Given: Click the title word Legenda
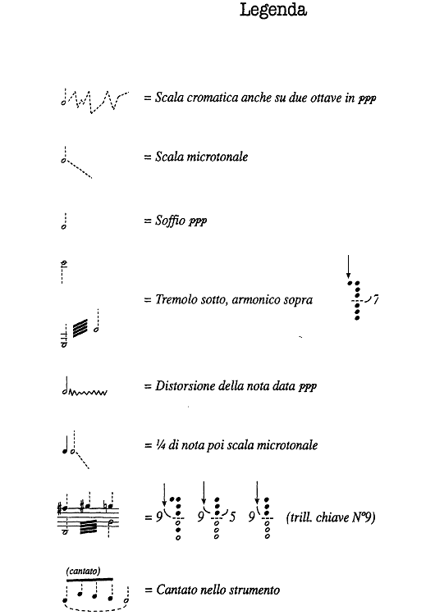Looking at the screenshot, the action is [x=273, y=11].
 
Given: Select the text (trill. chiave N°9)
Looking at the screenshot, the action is [x=331, y=518].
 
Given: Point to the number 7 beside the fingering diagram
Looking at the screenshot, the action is [x=375, y=300].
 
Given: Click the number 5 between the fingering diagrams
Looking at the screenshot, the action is [x=233, y=517].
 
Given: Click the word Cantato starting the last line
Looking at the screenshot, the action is [x=173, y=590].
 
